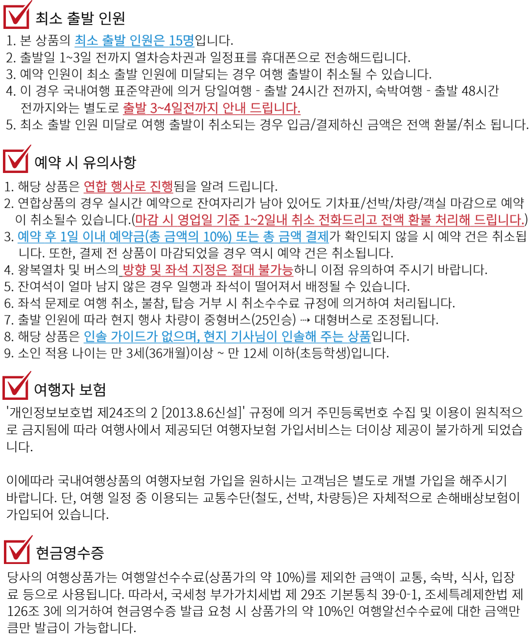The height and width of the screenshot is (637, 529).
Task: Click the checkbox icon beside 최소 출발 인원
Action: coord(17,15)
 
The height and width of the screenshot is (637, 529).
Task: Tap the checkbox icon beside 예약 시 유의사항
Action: coord(16,160)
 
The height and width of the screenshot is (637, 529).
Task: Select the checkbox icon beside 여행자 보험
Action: coord(16,386)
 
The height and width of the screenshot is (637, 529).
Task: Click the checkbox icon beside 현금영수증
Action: coord(18,550)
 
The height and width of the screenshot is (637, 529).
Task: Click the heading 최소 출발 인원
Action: coord(80,18)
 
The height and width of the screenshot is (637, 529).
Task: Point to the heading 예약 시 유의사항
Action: coord(85,162)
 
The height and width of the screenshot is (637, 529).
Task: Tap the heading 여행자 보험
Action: coord(70,389)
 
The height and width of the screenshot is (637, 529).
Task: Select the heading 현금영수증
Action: coord(70,553)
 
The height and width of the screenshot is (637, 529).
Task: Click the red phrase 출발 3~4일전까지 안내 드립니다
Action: coord(212,108)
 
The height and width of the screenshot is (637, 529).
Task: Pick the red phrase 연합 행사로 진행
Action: coord(128,186)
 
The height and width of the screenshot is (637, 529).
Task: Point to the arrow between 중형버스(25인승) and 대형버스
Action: coord(305,320)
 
